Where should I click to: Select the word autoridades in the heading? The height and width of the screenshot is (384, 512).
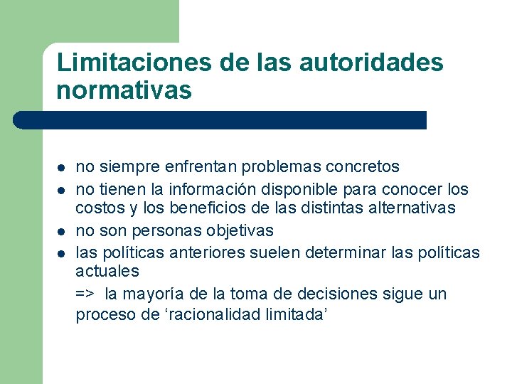pyautogui.click(x=371, y=62)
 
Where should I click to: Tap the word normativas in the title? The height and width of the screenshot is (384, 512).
pyautogui.click(x=124, y=90)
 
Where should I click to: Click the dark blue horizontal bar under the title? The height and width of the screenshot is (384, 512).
pyautogui.click(x=220, y=119)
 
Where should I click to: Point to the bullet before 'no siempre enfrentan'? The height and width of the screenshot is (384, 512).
pyautogui.click(x=62, y=169)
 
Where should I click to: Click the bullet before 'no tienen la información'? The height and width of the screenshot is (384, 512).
pyautogui.click(x=62, y=191)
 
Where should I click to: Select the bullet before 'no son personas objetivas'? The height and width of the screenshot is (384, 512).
pyautogui.click(x=62, y=232)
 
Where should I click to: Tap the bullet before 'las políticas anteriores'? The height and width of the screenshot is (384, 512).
pyautogui.click(x=62, y=253)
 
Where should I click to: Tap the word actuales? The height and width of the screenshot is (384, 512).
pyautogui.click(x=107, y=271)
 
